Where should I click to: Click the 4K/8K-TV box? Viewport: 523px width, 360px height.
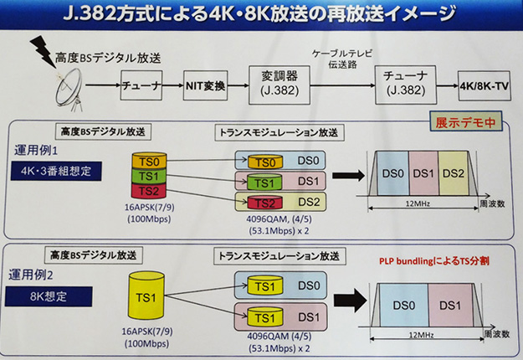pyautogui.click(x=485, y=85)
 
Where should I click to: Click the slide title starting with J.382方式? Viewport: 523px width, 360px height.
pyautogui.click(x=260, y=14)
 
